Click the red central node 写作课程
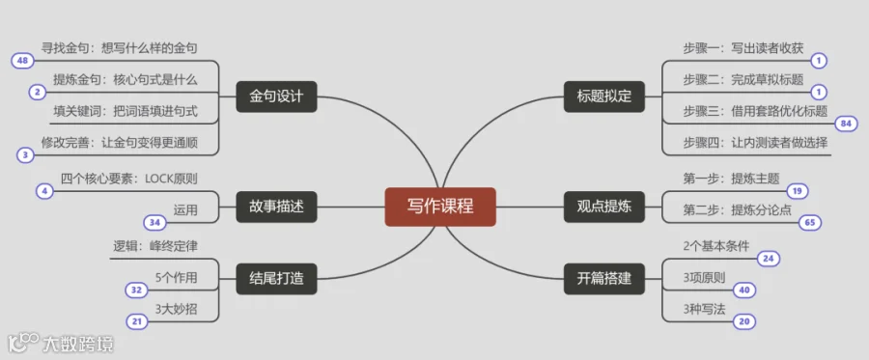pyautogui.click(x=440, y=207)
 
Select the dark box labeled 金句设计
pyautogui.click(x=276, y=97)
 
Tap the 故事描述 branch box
pyautogui.click(x=276, y=207)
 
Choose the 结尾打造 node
pyautogui.click(x=276, y=279)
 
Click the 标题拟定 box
pyautogui.click(x=604, y=97)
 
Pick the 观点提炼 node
pyautogui.click(x=604, y=207)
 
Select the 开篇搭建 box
pyautogui.click(x=604, y=279)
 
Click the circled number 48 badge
pyautogui.click(x=23, y=61)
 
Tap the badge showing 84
pyautogui.click(x=845, y=124)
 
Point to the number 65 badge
pyautogui.click(x=810, y=223)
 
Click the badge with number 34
pyautogui.click(x=154, y=223)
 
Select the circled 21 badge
pyautogui.click(x=137, y=321)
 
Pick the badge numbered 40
pyautogui.click(x=744, y=290)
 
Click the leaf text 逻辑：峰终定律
pyautogui.click(x=154, y=247)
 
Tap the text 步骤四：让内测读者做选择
pyautogui.click(x=755, y=143)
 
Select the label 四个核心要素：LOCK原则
pyautogui.click(x=129, y=179)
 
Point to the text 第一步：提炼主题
pyautogui.click(x=732, y=179)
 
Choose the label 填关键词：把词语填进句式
pyautogui.click(x=126, y=111)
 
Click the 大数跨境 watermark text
pyautogui.click(x=78, y=345)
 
